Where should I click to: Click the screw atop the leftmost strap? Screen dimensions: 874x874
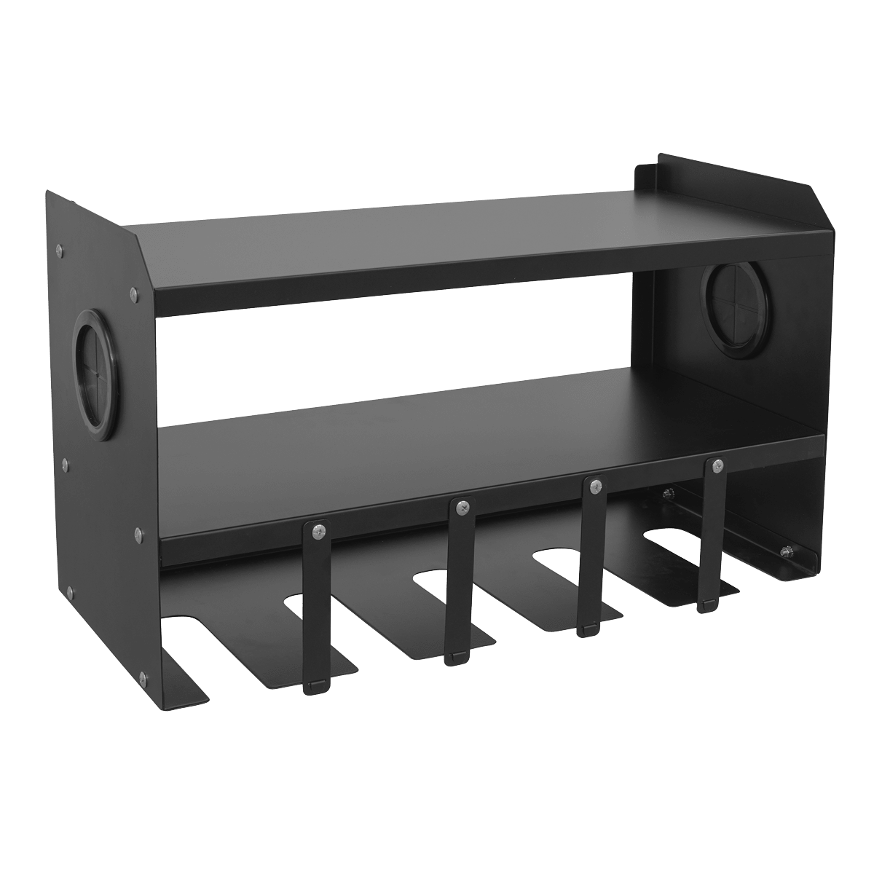[317, 532]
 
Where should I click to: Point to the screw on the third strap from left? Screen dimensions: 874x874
[595, 483]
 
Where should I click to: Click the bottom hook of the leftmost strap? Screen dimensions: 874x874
[315, 685]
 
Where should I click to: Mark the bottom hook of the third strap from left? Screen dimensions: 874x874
[590, 629]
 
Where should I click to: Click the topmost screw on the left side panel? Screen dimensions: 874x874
[59, 251]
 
